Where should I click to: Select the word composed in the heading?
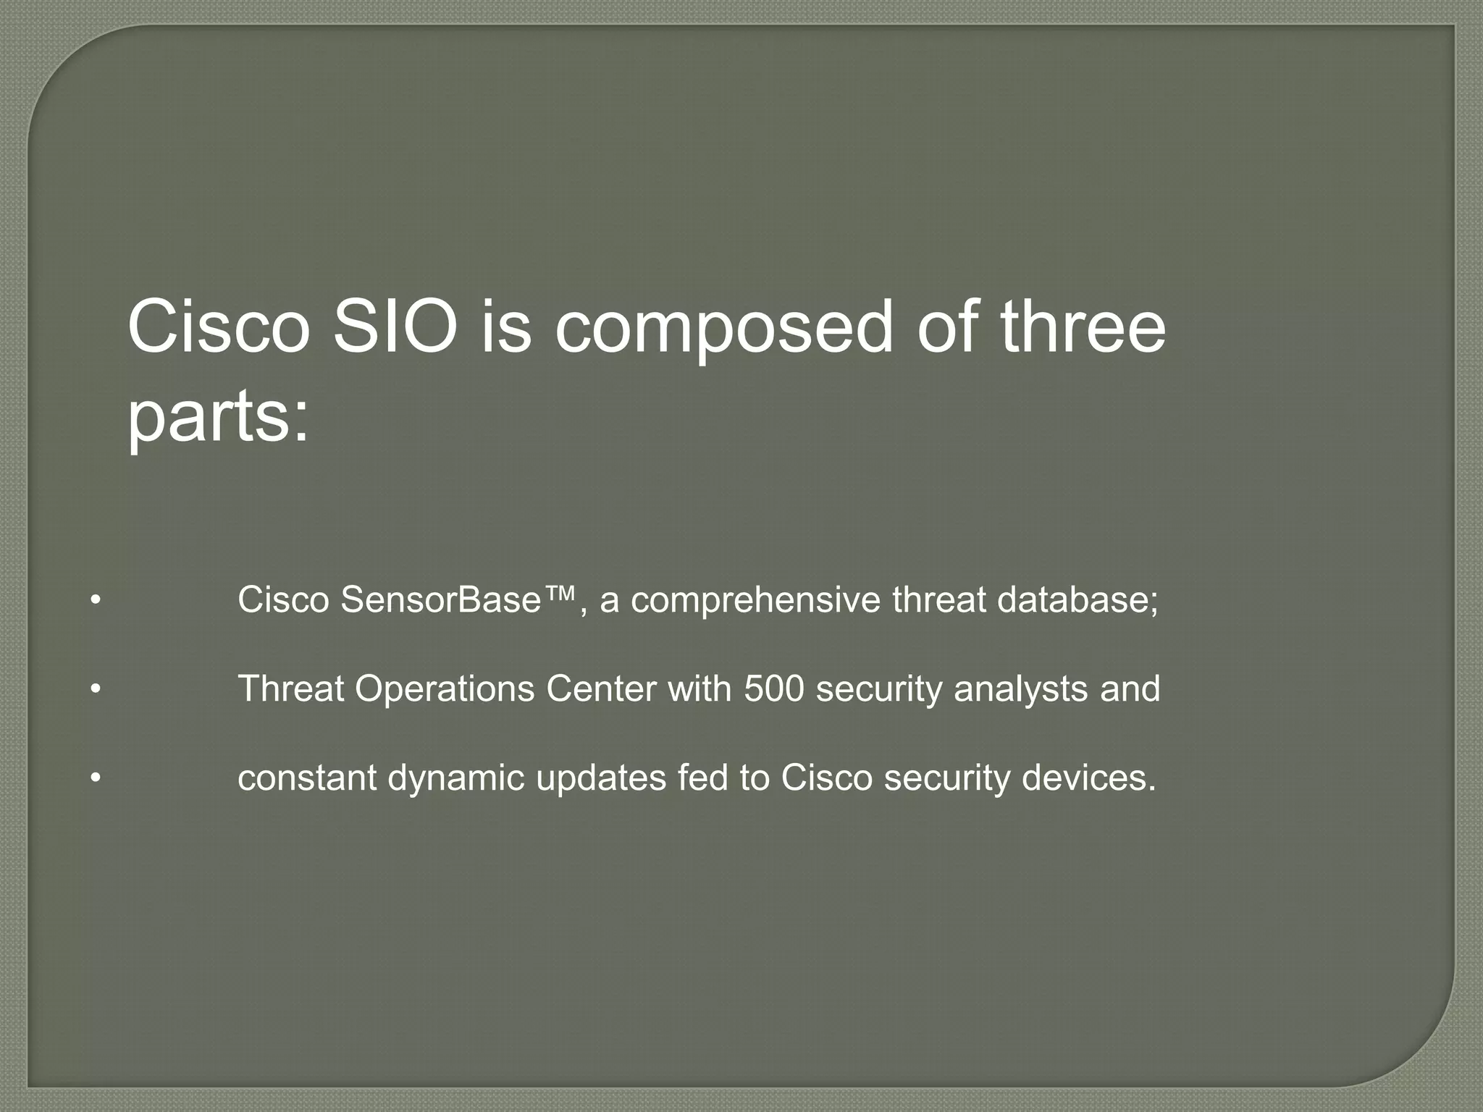point(723,329)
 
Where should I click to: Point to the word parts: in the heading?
point(218,420)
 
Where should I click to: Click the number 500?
point(773,688)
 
